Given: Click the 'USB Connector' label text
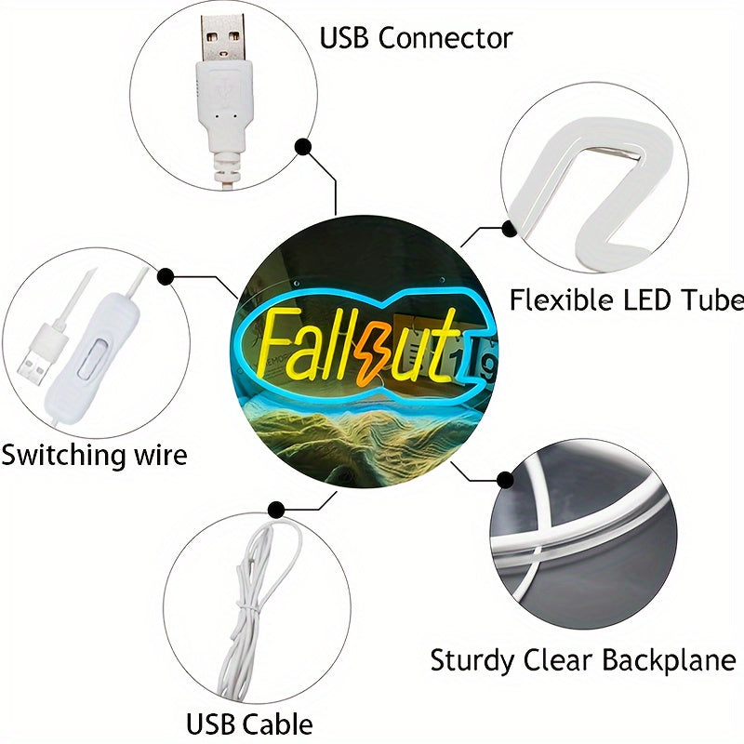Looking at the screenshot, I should coord(416,38).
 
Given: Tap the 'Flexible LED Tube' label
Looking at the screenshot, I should coord(626,299).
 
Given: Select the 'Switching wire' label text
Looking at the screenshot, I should coord(93,456).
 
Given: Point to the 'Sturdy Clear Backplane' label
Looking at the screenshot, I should coord(582,661).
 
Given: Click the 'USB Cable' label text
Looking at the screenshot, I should coord(249,724).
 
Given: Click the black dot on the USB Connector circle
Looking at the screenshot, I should coord(303,147).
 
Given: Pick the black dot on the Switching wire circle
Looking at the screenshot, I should coord(166,276).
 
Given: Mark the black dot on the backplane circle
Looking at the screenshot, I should coord(505,480).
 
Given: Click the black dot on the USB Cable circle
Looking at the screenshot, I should coord(276,509).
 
